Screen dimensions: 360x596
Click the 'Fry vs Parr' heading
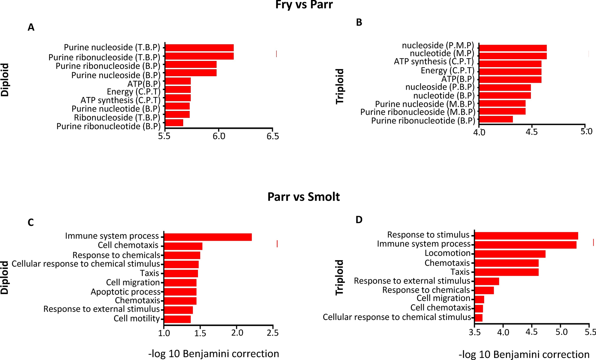pyautogui.click(x=304, y=5)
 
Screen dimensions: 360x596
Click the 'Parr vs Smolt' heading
pyautogui.click(x=303, y=197)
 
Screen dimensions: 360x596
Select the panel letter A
pyautogui.click(x=31, y=28)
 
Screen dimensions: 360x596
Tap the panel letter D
pyautogui.click(x=359, y=220)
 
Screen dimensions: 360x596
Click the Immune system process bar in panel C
pyautogui.click(x=208, y=237)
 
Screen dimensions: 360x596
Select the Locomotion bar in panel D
pyautogui.click(x=510, y=254)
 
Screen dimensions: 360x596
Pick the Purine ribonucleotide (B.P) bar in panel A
pyautogui.click(x=174, y=123)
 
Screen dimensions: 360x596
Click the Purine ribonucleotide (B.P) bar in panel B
pyautogui.click(x=496, y=119)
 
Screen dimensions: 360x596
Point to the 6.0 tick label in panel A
pyautogui.click(x=219, y=136)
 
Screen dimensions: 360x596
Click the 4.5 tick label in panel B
pyautogui.click(x=532, y=132)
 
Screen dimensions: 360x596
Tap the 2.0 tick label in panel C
pyautogui.click(x=237, y=333)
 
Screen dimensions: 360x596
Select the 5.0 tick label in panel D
pyautogui.click(x=562, y=332)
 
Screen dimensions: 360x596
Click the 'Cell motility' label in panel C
pyautogui.click(x=137, y=318)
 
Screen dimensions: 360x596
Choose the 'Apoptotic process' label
pyautogui.click(x=125, y=292)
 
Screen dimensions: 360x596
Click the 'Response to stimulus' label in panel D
pyautogui.click(x=428, y=235)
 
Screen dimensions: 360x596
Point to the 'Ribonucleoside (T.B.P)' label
pyautogui.click(x=117, y=118)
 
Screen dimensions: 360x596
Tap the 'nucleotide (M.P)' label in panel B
pyautogui.click(x=442, y=53)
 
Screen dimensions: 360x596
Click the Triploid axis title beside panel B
pyautogui.click(x=340, y=86)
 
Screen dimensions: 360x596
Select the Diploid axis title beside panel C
pyautogui.click(x=5, y=277)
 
